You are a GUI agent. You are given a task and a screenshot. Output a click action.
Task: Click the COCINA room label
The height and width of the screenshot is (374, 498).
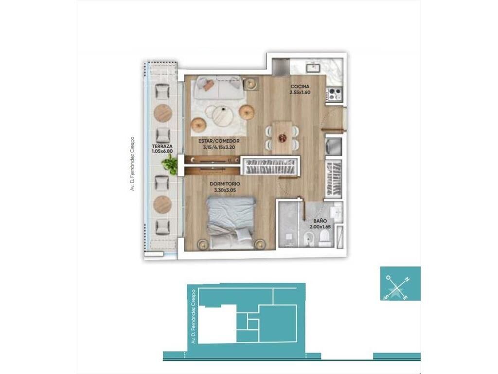coord(300,87)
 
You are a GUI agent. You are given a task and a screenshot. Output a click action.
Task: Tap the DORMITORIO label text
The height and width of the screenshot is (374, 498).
coord(225,184)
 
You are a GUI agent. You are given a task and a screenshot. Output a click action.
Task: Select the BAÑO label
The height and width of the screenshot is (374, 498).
coord(320,221)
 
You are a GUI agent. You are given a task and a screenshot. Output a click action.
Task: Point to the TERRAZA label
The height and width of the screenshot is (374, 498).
coord(162,146)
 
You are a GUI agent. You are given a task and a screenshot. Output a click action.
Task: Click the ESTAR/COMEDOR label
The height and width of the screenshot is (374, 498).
coord(219,141)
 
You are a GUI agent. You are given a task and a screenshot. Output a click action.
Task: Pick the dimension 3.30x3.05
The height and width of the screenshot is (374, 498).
coord(225,190)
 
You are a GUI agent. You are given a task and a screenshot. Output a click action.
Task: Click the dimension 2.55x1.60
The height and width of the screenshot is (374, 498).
coord(300,93)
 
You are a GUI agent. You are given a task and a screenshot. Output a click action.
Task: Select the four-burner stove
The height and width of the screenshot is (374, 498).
coord(335,94)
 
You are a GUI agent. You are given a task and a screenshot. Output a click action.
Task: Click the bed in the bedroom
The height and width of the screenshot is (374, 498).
coord(231,223)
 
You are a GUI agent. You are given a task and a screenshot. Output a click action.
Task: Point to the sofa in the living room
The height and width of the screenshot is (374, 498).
coord(218,87)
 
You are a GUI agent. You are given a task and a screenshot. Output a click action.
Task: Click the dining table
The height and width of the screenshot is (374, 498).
coord(282,137)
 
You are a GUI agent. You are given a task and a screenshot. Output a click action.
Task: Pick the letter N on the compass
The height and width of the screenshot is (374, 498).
coord(407,280)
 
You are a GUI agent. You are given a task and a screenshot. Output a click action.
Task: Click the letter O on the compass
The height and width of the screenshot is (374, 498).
coord(388,278)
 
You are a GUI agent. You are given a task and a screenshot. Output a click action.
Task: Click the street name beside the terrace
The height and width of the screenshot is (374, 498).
coord(132,164)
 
